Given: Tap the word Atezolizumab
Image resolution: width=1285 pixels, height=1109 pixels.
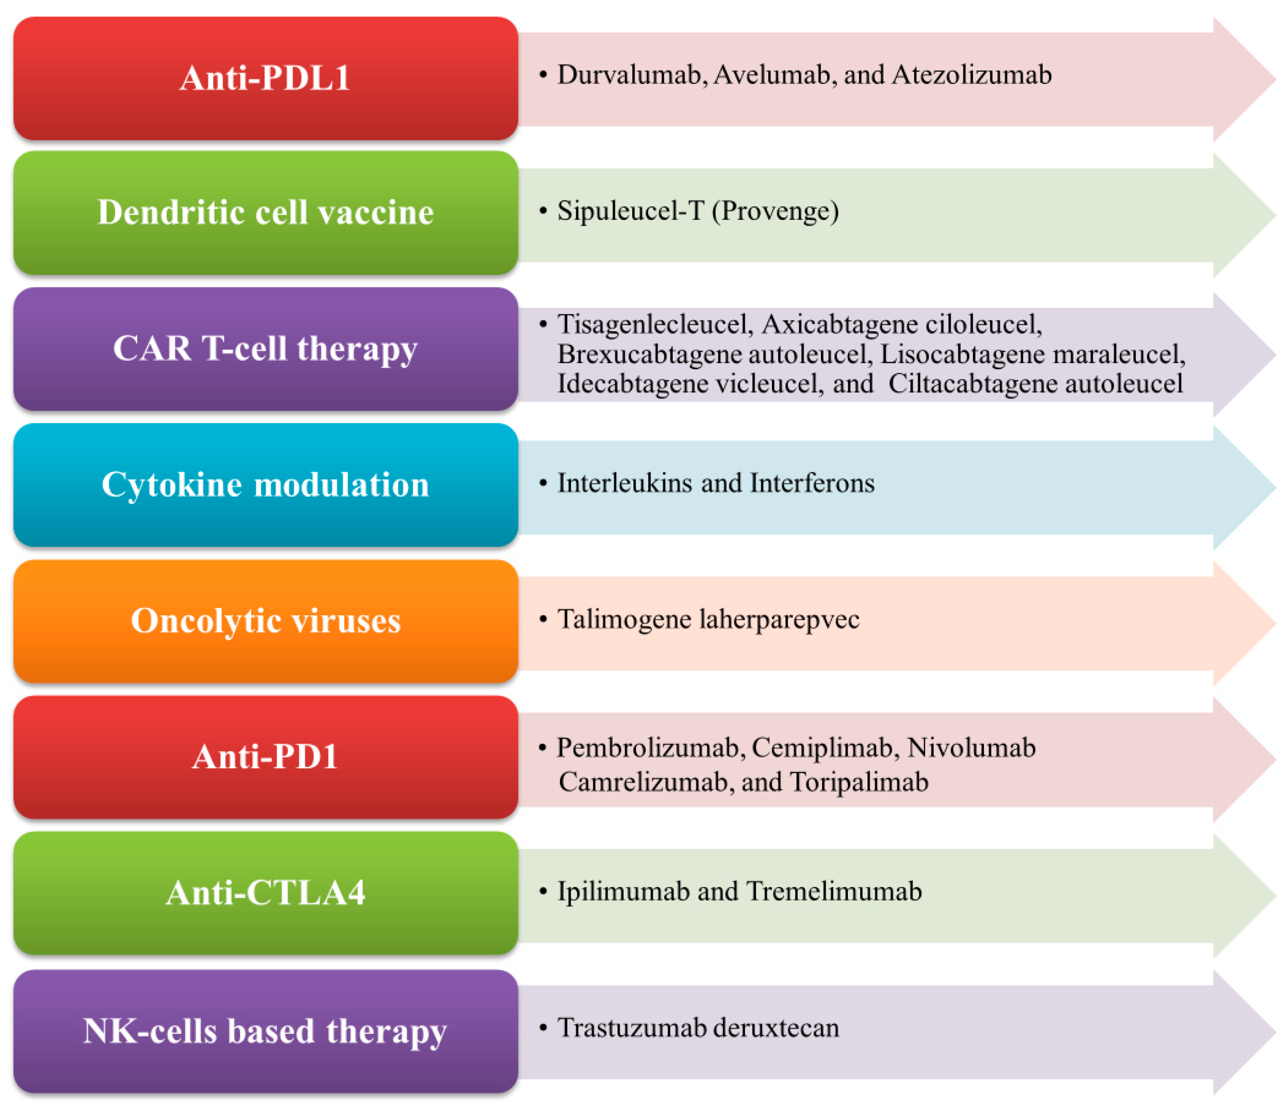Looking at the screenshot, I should tap(971, 75).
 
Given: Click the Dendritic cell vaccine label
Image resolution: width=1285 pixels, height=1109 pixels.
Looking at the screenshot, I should tap(266, 213).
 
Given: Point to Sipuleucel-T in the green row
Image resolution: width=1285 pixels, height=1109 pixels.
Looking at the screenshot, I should tap(630, 211).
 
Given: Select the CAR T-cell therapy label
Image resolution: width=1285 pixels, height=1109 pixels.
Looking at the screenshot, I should tap(266, 349).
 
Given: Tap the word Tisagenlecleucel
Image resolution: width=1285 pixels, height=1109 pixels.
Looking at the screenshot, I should tap(654, 324).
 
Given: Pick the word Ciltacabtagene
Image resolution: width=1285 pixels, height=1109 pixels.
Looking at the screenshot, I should tap(973, 384).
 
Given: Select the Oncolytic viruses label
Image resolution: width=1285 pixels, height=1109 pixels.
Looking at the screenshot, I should tap(266, 620).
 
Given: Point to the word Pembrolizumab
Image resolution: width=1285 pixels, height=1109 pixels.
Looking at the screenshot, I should tap(648, 748).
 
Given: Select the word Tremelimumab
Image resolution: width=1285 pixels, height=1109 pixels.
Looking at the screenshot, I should tap(834, 891).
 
